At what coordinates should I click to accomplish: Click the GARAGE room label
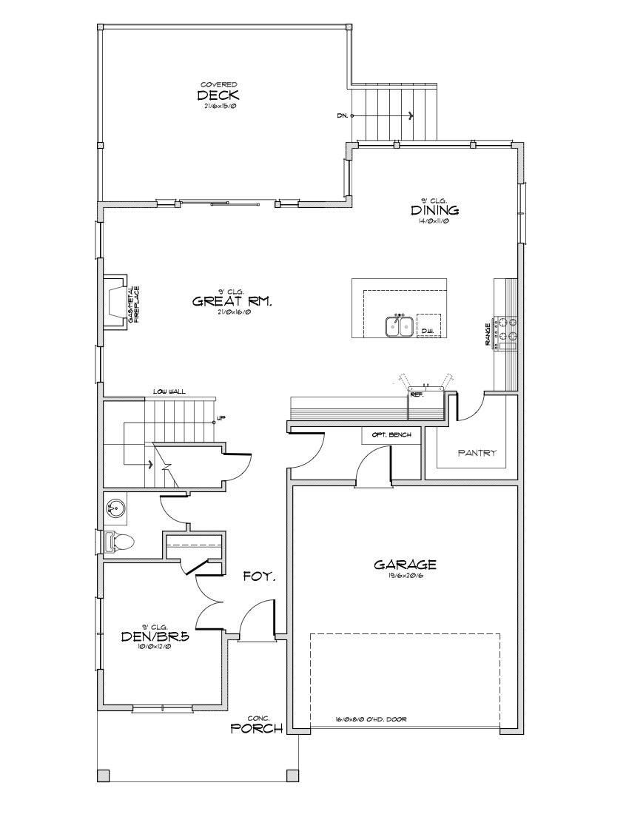(x=405, y=565)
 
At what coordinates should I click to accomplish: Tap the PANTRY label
(x=477, y=453)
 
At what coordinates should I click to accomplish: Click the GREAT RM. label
(x=232, y=301)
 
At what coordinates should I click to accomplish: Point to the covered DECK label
(x=218, y=95)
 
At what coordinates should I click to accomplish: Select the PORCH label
(x=257, y=728)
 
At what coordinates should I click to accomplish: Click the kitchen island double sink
(x=399, y=326)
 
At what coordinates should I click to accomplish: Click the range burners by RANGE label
(x=507, y=330)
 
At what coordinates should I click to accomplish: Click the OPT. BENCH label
(x=391, y=434)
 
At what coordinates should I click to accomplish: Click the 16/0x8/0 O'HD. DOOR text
(x=371, y=719)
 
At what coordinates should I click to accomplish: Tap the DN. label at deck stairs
(x=342, y=116)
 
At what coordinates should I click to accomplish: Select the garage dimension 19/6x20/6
(x=405, y=576)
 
